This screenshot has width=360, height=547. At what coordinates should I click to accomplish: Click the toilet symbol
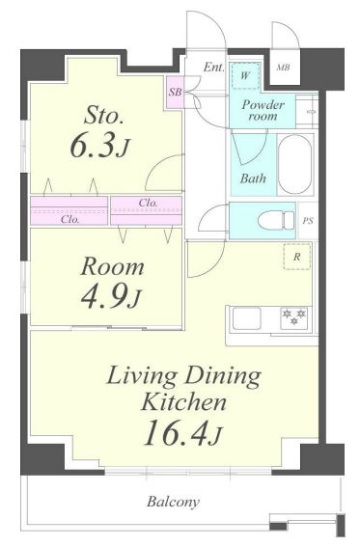click(276, 221)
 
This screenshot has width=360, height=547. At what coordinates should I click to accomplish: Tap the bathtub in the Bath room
click(295, 165)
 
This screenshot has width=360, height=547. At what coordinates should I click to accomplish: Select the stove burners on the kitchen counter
click(294, 317)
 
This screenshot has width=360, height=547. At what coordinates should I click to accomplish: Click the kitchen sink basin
click(247, 317)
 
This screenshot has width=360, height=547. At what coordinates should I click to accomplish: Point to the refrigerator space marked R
click(297, 257)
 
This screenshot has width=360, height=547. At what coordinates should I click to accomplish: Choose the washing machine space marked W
click(245, 75)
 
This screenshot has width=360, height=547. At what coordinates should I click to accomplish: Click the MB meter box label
click(283, 68)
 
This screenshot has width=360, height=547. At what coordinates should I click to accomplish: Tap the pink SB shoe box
click(175, 93)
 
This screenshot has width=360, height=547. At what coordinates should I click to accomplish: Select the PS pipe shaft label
click(308, 221)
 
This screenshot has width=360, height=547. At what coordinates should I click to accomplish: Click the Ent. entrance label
click(214, 67)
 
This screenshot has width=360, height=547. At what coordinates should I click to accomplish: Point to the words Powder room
click(263, 110)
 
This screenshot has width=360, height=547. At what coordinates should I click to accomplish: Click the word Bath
click(253, 178)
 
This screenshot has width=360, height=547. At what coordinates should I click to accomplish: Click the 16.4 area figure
click(175, 432)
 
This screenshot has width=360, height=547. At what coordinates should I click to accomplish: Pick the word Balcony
click(174, 502)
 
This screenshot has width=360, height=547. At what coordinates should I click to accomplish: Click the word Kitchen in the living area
click(183, 402)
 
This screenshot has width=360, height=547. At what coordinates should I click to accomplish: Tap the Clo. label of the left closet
click(70, 219)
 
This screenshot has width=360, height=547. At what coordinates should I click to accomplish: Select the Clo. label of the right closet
click(148, 203)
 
